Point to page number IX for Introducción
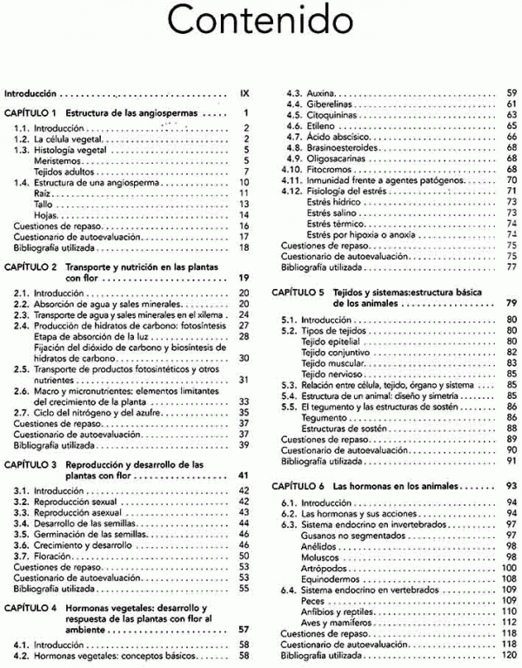point(244,91)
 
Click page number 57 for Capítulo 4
point(244,628)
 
